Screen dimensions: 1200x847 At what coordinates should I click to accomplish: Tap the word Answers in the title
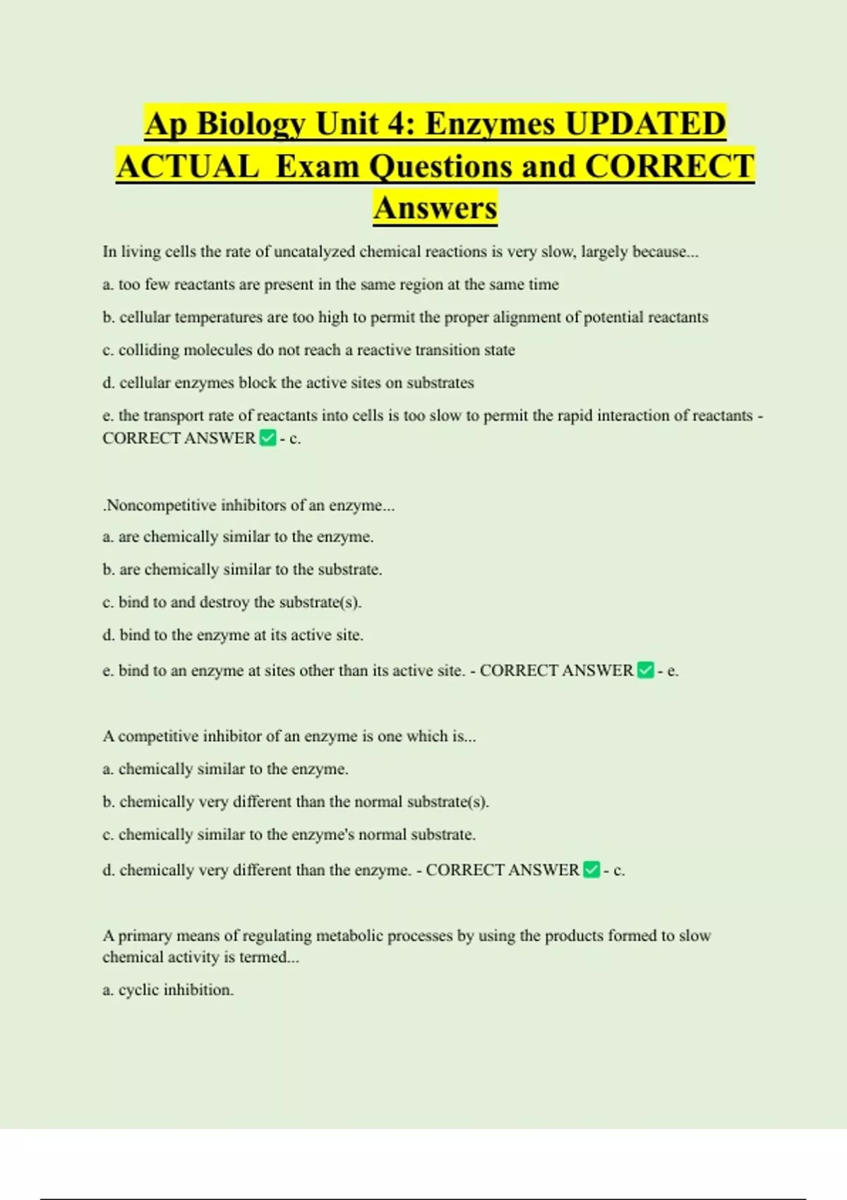point(435,208)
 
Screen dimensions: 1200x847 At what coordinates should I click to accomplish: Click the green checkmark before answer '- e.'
point(645,670)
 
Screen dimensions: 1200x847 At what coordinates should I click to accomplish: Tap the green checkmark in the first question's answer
point(268,438)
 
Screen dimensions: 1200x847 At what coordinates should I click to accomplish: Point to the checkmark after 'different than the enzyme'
point(591,870)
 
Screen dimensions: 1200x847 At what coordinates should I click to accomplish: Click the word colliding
point(149,350)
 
